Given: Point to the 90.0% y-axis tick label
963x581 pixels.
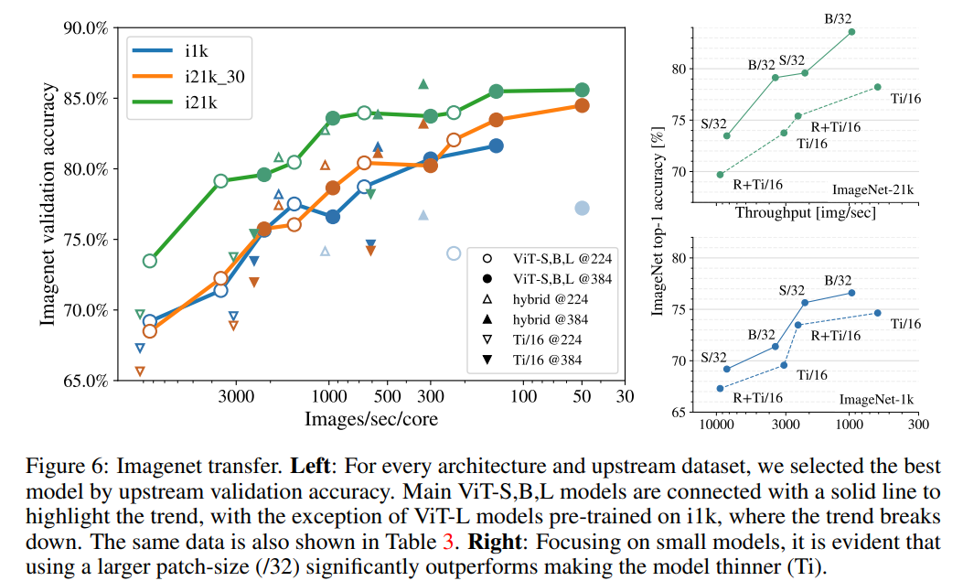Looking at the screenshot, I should click(x=84, y=28).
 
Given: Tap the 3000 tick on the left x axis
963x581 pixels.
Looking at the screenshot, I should click(x=236, y=399).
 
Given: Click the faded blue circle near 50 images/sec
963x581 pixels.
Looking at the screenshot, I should click(x=582, y=209).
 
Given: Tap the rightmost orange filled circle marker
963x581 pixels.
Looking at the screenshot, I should click(x=582, y=106).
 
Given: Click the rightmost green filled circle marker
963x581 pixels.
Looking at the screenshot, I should click(x=582, y=90).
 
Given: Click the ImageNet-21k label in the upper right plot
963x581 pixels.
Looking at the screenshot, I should click(x=872, y=190).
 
